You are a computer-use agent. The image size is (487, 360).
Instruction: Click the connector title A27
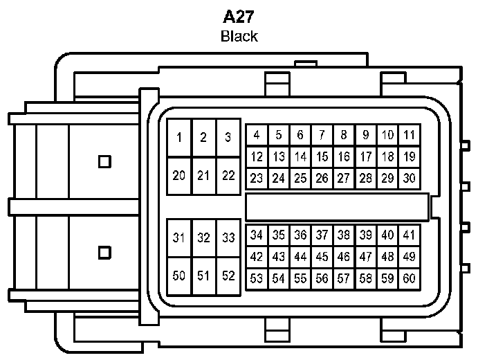pyautogui.click(x=239, y=17)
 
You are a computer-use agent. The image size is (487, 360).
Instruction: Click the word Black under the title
pyautogui.click(x=239, y=36)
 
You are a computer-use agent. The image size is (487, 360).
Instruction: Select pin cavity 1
pyautogui.click(x=179, y=137)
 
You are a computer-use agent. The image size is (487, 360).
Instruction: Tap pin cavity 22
pyautogui.click(x=228, y=175)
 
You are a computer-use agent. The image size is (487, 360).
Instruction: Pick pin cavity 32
pyautogui.click(x=203, y=238)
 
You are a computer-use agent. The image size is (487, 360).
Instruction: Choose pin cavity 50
pyautogui.click(x=179, y=276)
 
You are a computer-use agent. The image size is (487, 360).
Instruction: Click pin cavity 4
pyautogui.click(x=257, y=135)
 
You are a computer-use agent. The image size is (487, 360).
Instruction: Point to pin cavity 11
pyautogui.click(x=410, y=135)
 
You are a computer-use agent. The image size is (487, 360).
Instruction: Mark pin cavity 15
pyautogui.click(x=322, y=156)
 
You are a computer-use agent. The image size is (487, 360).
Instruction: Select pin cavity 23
pyautogui.click(x=257, y=178)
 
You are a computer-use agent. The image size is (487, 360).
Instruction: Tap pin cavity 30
pyautogui.click(x=410, y=178)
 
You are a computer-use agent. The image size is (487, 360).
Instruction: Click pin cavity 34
pyautogui.click(x=257, y=235)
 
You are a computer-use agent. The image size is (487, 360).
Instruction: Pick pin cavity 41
pyautogui.click(x=410, y=235)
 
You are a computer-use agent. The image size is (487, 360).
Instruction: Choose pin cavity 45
pyautogui.click(x=322, y=256)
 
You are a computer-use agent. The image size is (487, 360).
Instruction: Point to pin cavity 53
pyautogui.click(x=257, y=278)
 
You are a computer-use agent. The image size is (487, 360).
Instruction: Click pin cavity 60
pyautogui.click(x=410, y=278)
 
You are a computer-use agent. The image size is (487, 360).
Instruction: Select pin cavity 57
pyautogui.click(x=344, y=278)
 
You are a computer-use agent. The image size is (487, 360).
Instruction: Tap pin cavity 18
pyautogui.click(x=388, y=156)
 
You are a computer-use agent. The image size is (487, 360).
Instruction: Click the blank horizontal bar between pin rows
pyautogui.click(x=337, y=206)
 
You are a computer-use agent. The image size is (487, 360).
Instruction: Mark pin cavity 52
pyautogui.click(x=228, y=276)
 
